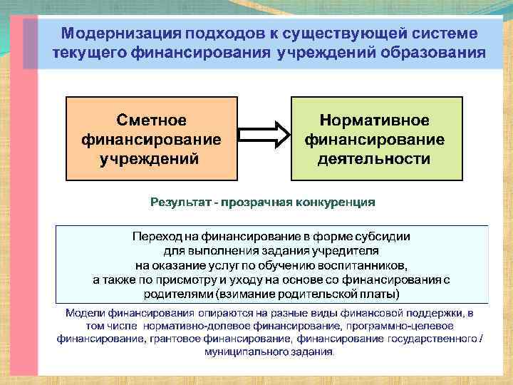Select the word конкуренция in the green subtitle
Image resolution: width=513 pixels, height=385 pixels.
[x=335, y=202]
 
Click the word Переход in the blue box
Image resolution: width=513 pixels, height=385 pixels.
[x=155, y=236]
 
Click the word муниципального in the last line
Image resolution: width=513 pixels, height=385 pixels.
[x=244, y=351]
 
